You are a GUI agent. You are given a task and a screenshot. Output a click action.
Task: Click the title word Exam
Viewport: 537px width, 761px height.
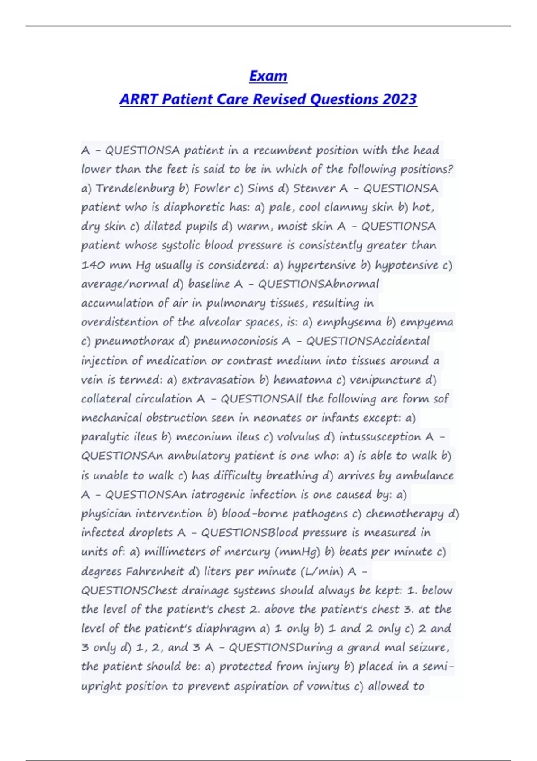click(268, 76)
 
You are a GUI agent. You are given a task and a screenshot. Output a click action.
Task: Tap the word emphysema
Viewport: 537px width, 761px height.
click(349, 322)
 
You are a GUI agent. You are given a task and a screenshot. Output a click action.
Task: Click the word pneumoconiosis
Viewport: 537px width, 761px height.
click(236, 342)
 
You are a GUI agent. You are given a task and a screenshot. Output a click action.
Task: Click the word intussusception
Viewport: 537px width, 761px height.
click(380, 437)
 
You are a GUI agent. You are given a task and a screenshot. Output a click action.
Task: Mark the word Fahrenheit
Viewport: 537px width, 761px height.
click(155, 572)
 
